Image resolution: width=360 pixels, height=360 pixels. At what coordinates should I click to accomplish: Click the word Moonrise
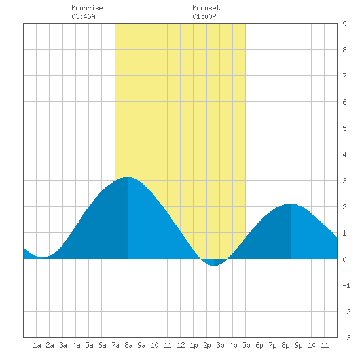tap(87, 8)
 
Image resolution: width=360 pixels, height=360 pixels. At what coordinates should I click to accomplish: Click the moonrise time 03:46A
tap(83, 16)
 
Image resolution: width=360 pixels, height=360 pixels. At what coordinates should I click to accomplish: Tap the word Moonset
tap(206, 8)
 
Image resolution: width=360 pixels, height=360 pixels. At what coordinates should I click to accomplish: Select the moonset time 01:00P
tap(204, 16)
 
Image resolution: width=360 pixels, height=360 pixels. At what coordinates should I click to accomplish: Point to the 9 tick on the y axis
tap(344, 24)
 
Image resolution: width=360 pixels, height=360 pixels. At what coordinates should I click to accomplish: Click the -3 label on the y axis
tap(346, 338)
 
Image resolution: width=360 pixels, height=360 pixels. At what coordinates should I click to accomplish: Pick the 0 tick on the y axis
tap(344, 259)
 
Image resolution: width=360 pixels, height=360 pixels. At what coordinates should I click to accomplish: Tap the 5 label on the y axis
tap(344, 128)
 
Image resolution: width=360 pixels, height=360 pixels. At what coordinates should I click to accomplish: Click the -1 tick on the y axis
tap(346, 285)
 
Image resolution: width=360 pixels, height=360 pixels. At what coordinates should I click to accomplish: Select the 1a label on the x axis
tap(37, 345)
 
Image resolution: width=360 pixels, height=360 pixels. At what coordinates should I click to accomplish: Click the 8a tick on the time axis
tap(128, 345)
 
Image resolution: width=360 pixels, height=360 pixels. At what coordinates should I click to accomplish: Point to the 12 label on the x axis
tap(181, 345)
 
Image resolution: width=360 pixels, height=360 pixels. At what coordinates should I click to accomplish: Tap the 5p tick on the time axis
tap(246, 345)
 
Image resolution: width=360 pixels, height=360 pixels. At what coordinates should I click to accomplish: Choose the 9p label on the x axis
tap(298, 345)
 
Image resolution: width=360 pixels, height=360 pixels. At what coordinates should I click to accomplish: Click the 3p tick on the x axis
tap(220, 345)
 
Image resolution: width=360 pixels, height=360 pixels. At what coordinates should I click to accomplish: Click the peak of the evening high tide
tap(291, 204)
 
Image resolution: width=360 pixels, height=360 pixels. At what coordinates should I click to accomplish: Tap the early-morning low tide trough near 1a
tap(43, 257)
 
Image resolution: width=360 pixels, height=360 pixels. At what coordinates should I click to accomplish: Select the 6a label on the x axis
tap(102, 345)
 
